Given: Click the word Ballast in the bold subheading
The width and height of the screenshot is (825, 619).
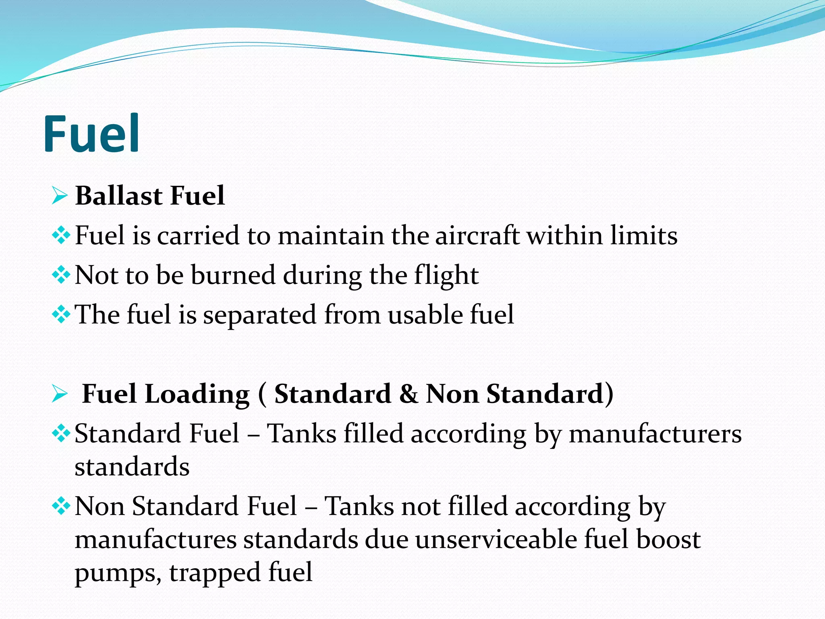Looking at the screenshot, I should point(119,196).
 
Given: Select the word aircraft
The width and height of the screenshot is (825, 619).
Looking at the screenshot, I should point(477,235).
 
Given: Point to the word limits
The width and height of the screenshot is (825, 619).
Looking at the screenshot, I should point(643,235).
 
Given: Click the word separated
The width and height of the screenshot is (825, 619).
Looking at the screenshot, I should point(259,315).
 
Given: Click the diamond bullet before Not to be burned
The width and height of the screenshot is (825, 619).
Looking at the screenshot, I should point(61,276).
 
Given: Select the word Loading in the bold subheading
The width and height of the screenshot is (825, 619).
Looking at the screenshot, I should point(197,394).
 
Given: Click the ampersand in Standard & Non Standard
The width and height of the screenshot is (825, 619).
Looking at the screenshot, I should point(408,394).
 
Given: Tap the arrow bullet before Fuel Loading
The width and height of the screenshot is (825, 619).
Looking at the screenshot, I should point(60,394).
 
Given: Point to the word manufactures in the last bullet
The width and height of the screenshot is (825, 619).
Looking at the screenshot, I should point(155,540).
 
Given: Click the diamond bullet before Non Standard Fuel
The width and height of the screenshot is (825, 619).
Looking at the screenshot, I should point(61,506).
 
